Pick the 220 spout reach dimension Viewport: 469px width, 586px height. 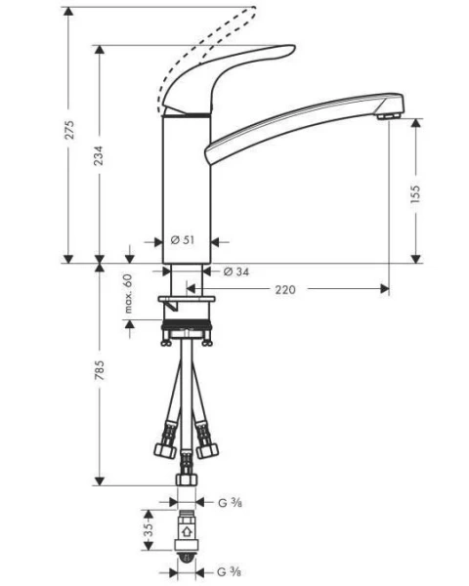coord(286,289)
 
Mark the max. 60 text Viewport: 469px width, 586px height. coord(127,293)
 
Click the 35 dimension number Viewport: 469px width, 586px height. coord(147,532)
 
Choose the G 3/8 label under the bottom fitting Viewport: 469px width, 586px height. coord(230,570)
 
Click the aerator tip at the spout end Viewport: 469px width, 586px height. coord(391,116)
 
